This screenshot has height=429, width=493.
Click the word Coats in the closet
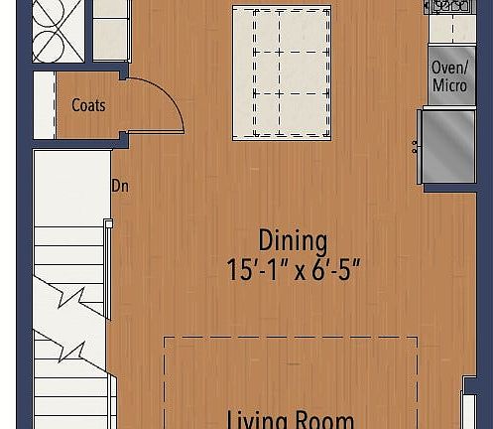(x=88, y=105)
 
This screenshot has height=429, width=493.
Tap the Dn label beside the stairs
(x=120, y=186)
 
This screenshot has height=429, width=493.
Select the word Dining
(x=293, y=240)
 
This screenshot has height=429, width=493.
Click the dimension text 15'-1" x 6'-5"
(x=293, y=270)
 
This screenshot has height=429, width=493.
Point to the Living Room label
(x=290, y=418)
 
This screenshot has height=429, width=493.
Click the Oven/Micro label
(x=449, y=76)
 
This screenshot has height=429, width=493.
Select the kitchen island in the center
(x=282, y=72)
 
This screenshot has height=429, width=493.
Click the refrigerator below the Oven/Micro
(x=449, y=145)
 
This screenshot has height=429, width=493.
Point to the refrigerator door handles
(x=415, y=148)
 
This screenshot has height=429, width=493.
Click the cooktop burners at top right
(x=448, y=7)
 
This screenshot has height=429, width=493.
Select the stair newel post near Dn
(x=108, y=224)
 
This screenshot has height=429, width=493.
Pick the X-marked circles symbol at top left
(x=58, y=30)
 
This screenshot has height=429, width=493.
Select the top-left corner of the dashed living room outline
(x=165, y=339)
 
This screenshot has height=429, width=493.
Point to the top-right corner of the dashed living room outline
(x=417, y=339)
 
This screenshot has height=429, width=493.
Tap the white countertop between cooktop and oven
(x=451, y=30)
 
